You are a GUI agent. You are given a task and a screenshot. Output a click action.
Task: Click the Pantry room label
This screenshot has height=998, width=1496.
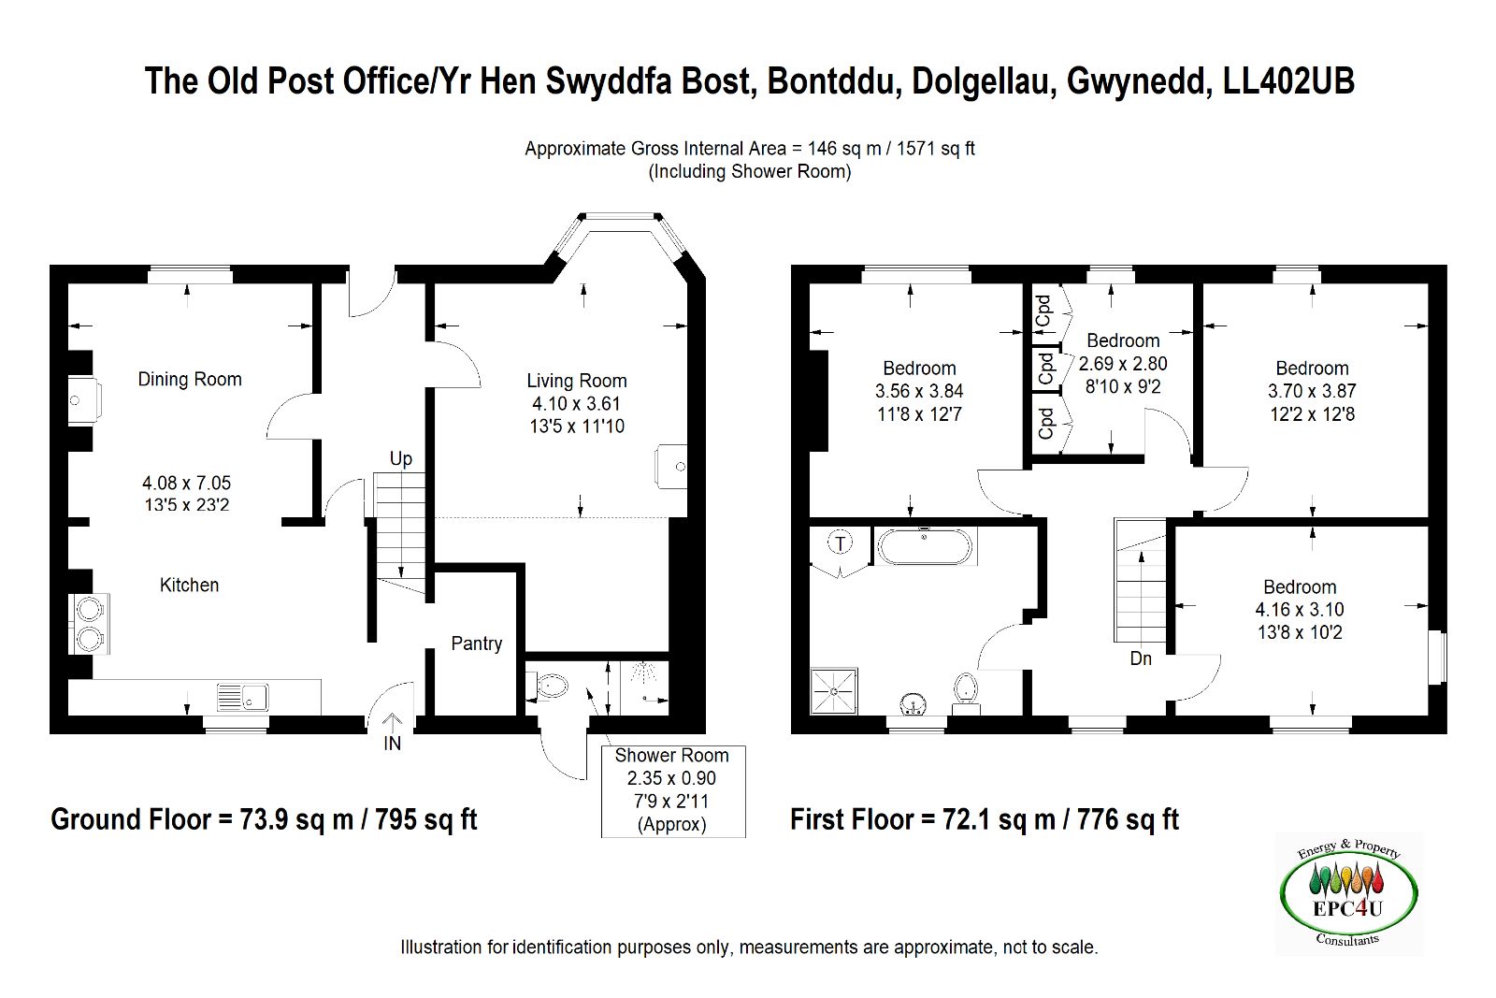476,644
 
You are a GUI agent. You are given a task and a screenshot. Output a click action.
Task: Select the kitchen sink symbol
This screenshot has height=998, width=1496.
243,698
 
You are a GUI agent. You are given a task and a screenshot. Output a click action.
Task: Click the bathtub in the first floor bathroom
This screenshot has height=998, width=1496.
925,547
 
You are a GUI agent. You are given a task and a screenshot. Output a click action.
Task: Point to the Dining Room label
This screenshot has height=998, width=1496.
190,379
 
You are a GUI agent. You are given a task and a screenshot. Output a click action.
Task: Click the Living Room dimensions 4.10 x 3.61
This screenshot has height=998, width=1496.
576,403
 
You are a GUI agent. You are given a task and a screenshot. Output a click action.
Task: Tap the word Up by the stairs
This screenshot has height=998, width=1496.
400,458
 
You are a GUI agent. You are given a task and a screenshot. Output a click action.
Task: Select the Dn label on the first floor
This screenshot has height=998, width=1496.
1141,658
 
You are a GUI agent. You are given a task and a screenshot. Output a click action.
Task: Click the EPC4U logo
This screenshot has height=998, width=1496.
1348,893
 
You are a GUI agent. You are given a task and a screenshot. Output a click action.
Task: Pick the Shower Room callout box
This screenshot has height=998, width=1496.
672,790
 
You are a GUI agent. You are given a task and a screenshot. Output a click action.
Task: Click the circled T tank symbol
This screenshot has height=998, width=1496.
841,543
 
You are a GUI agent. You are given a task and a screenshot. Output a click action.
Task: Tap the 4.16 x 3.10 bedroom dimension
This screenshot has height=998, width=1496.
1299,610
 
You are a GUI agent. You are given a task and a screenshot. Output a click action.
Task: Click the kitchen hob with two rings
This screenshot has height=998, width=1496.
90,624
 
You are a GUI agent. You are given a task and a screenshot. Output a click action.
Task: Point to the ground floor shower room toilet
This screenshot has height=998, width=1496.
550,687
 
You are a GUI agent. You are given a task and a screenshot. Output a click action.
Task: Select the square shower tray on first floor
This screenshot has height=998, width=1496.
833,691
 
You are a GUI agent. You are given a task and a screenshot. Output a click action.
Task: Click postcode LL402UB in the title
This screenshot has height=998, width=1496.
1288,81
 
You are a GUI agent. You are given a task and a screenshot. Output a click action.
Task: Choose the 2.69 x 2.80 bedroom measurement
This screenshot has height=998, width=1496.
1123,364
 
